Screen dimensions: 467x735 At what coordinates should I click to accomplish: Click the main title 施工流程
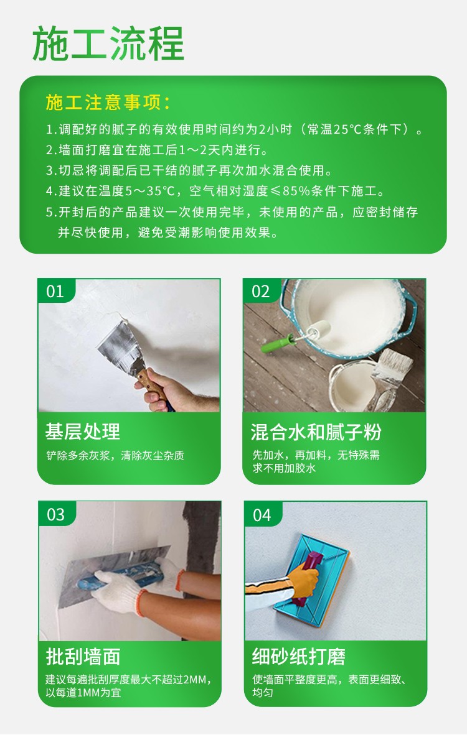(x=108, y=44)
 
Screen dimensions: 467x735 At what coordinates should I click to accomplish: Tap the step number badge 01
(x=55, y=292)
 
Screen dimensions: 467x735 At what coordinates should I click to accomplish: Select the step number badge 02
(x=260, y=292)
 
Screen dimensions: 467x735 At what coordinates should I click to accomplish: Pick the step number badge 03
(x=56, y=515)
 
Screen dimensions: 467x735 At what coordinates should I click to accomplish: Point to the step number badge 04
(x=262, y=515)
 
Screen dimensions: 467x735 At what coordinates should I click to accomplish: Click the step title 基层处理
(x=83, y=432)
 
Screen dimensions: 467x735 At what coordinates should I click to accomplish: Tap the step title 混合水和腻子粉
(x=316, y=432)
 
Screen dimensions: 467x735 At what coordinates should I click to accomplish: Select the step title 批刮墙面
(x=83, y=656)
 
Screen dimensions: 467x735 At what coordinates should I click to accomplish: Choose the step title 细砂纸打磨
(x=298, y=656)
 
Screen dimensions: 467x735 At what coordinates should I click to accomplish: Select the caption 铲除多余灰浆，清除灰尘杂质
(x=115, y=455)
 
